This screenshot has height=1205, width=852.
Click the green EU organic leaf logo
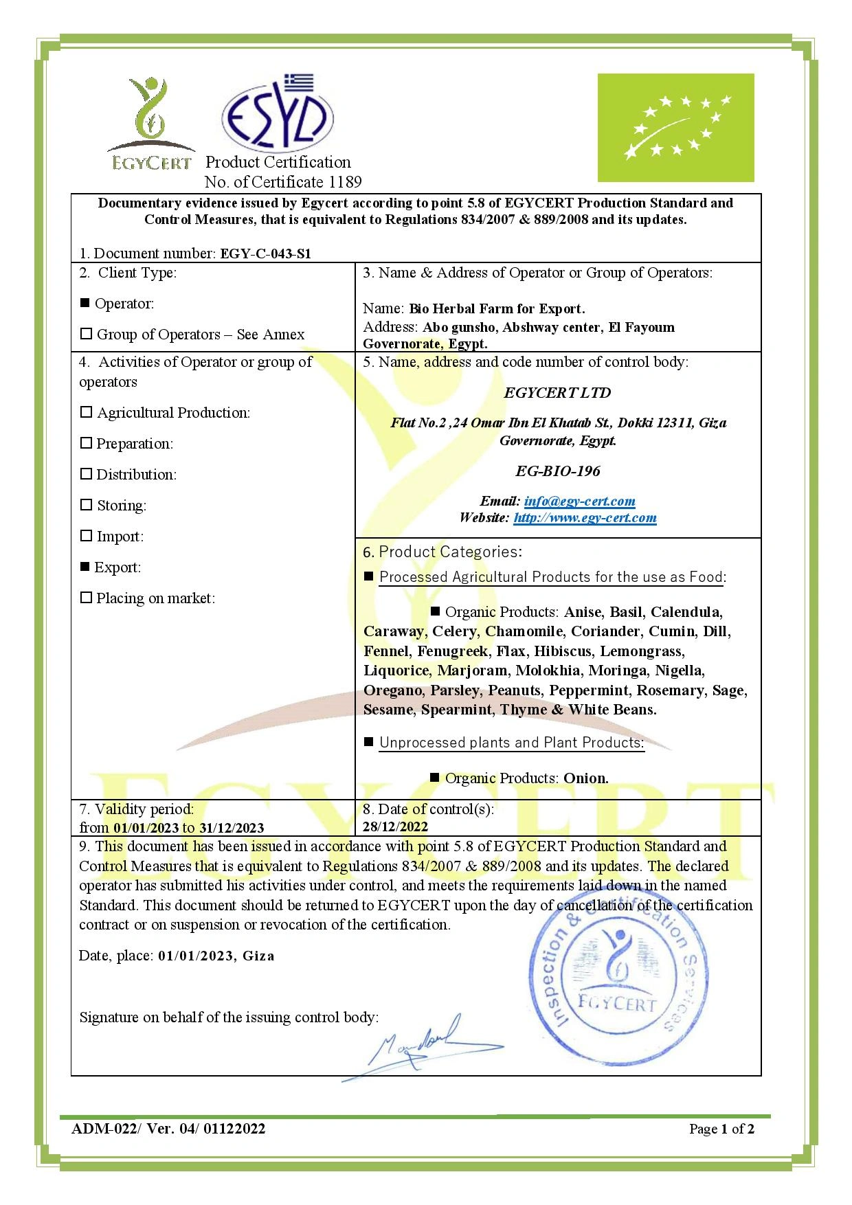[675, 128]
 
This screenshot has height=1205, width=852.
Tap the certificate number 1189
[345, 182]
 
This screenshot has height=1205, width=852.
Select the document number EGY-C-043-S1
[265, 254]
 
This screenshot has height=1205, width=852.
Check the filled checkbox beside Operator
[85, 303]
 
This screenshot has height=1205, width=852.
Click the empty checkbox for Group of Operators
[86, 334]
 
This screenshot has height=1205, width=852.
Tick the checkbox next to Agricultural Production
[86, 412]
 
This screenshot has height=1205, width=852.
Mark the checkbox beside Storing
[86, 505]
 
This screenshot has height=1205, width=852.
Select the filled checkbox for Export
[85, 567]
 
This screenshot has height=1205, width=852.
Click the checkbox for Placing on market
[86, 598]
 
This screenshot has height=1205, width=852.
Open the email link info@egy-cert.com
[579, 501]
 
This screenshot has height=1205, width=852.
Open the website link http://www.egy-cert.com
[585, 517]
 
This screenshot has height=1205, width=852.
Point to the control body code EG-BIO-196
[557, 471]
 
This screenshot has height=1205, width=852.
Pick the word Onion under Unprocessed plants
[585, 778]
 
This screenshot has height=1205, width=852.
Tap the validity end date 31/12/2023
[231, 828]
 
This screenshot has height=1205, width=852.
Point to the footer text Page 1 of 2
[721, 1129]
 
